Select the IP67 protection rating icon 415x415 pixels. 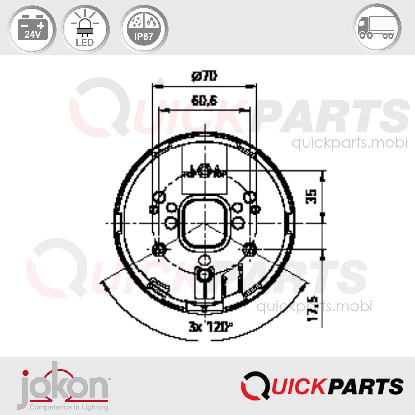point(144,29)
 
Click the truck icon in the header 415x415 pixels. point(377,28)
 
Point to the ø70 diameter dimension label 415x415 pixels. point(204,76)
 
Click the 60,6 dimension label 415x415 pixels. point(204,101)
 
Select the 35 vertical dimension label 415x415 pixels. point(311,197)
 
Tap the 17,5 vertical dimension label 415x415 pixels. point(313,309)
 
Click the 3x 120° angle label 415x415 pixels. point(210,327)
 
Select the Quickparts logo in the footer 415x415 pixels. point(322,386)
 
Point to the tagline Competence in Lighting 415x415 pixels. point(68,407)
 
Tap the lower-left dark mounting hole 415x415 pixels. point(158,249)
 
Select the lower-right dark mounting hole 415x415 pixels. point(250,249)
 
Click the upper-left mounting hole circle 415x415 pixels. point(159,197)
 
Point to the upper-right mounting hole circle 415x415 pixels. point(249,197)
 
